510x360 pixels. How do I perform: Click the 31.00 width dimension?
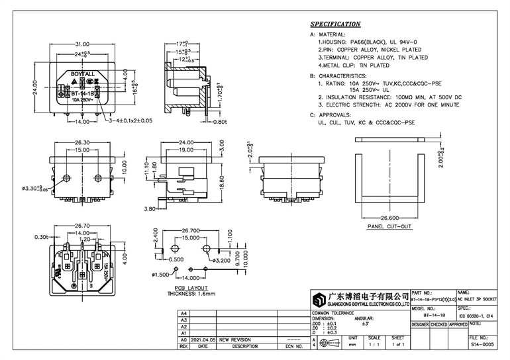pos(82,44)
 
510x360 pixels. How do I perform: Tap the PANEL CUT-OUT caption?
pos(389,226)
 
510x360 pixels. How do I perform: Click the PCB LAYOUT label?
pos(192,289)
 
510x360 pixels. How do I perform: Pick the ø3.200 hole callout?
pos(221,261)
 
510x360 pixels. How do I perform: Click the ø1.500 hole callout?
pos(162,274)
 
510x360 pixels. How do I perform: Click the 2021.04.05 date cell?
pos(203,338)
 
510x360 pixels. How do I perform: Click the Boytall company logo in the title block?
pos(321,298)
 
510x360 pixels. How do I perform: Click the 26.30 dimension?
pos(82,142)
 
